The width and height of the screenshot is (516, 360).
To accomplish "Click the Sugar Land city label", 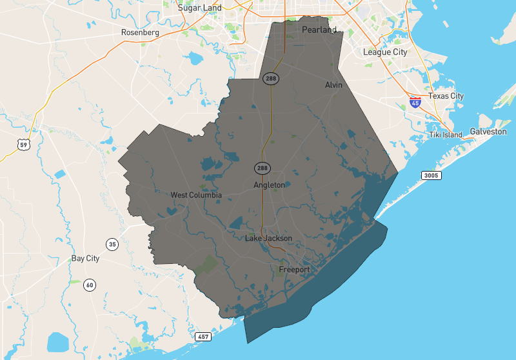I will click(x=200, y=8).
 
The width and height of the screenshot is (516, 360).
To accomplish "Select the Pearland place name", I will click(x=320, y=30).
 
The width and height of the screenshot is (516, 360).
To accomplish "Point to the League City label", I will click(x=385, y=52).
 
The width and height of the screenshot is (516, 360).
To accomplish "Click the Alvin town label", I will click(x=333, y=85).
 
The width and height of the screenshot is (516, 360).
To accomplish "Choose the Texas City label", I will click(x=446, y=96).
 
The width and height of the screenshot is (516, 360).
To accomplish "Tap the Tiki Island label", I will click(x=446, y=135).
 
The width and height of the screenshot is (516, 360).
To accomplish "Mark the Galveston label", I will click(x=488, y=132).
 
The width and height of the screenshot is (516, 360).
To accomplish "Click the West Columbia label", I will click(x=196, y=195).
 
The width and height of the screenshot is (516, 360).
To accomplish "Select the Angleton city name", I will click(x=269, y=185).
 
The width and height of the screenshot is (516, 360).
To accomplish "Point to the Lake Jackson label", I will click(x=268, y=239).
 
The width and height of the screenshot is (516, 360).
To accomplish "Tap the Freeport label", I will click(x=294, y=269).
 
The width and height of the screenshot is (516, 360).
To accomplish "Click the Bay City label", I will click(x=85, y=259).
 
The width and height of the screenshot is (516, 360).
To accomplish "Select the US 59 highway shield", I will click(x=24, y=145).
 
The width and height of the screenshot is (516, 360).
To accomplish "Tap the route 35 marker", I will click(x=113, y=244).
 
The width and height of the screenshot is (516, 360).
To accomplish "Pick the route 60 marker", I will click(x=89, y=285).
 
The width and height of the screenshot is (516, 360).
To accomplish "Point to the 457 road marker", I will click(x=203, y=337).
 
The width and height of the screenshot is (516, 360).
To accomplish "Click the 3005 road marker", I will click(x=431, y=175).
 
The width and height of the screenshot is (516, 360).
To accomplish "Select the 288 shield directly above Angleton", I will click(x=262, y=168).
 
